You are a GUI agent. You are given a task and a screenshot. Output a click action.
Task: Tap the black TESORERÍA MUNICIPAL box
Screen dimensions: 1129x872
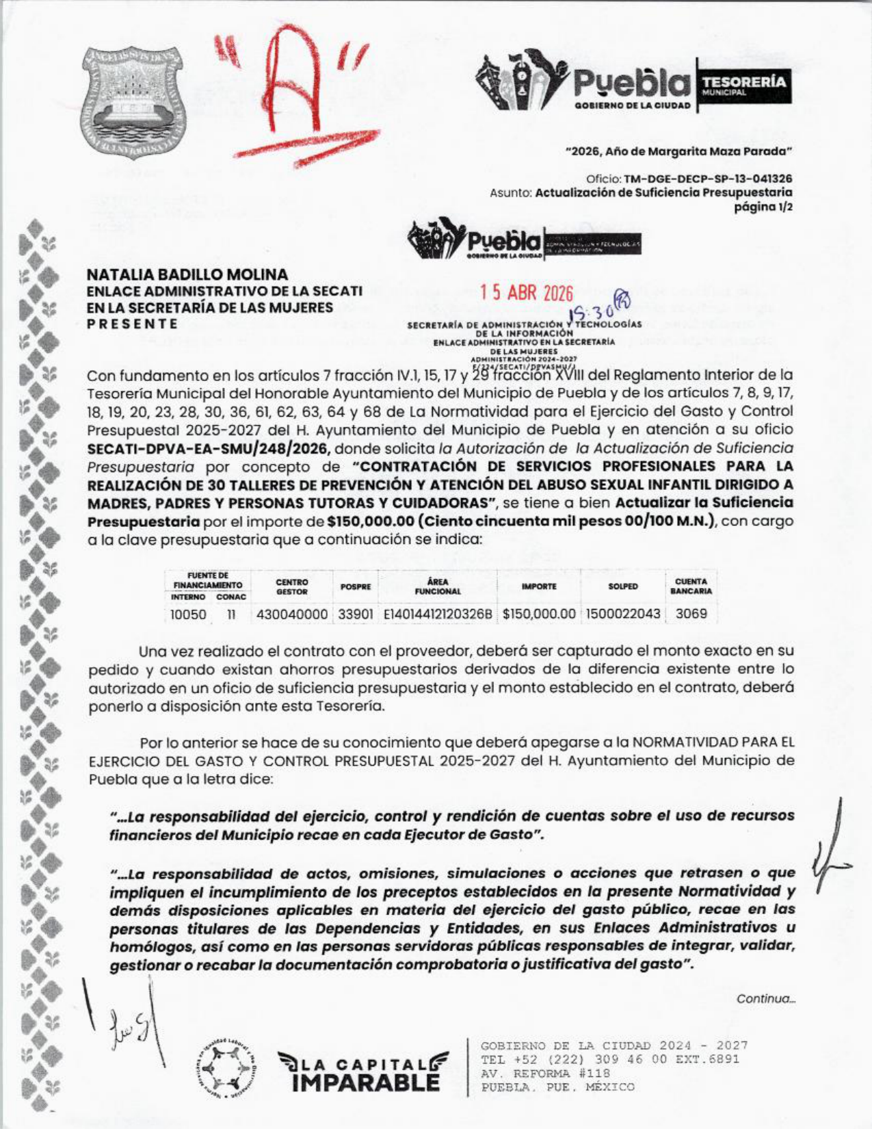click(743, 86)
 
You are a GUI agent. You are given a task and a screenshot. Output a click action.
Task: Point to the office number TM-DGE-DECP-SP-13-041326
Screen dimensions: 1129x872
click(708, 179)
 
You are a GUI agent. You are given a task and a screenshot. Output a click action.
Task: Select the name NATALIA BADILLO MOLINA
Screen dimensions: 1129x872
click(187, 274)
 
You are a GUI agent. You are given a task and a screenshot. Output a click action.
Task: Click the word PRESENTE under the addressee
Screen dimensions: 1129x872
click(132, 324)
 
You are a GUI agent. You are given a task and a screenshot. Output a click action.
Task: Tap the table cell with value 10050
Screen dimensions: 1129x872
click(188, 614)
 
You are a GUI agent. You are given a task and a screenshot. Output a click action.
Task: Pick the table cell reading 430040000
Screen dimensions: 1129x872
click(292, 614)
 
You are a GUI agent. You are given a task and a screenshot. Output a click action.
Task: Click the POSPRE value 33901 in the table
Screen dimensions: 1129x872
click(356, 614)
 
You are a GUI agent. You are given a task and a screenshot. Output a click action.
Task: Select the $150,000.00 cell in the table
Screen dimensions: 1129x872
click(539, 614)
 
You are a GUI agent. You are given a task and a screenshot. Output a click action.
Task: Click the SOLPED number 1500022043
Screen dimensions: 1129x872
click(622, 614)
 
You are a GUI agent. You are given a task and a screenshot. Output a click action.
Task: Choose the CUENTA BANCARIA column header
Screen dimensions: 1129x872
click(691, 586)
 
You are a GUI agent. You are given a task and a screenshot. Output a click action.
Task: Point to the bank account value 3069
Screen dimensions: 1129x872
click(691, 614)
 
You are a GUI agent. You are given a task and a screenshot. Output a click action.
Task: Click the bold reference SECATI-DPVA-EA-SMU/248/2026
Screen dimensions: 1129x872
click(209, 449)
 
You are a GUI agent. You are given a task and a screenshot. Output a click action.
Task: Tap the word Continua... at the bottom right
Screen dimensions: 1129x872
click(765, 999)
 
